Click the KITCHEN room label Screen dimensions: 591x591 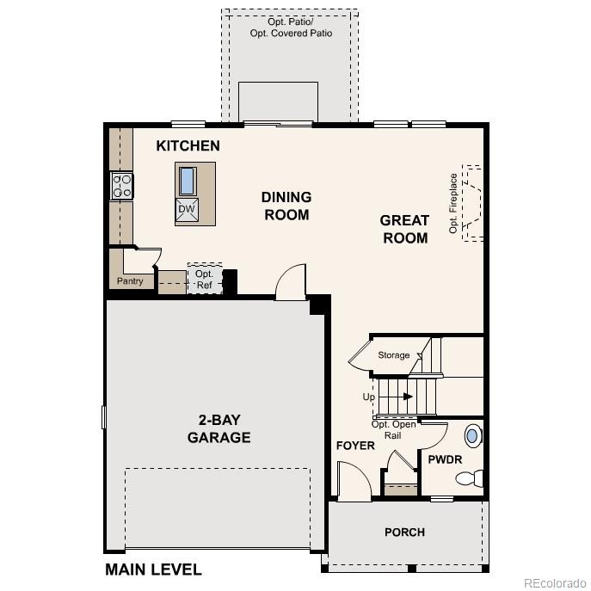(x=188, y=146)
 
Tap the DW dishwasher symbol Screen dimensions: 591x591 (x=187, y=209)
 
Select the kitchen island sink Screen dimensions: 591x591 (x=188, y=181)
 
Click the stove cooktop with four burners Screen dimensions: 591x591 (x=121, y=187)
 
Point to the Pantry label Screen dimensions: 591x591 (x=130, y=281)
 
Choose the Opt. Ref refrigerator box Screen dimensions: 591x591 (x=204, y=280)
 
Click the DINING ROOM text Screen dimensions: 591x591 (x=286, y=206)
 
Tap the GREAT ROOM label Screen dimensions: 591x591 (x=404, y=229)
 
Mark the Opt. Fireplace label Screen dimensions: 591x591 (x=453, y=203)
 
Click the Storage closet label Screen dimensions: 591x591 (x=394, y=354)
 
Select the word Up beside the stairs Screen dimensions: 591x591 (x=368, y=397)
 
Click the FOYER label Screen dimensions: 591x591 (x=355, y=446)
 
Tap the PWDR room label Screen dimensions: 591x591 (x=446, y=459)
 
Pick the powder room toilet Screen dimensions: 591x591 (x=471, y=478)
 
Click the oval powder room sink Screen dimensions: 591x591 (x=472, y=435)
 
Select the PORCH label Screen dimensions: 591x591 (x=404, y=532)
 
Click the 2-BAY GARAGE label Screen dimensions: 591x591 (x=219, y=428)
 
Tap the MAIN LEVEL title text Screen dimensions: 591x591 (x=153, y=569)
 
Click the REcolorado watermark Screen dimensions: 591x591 (x=554, y=579)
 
